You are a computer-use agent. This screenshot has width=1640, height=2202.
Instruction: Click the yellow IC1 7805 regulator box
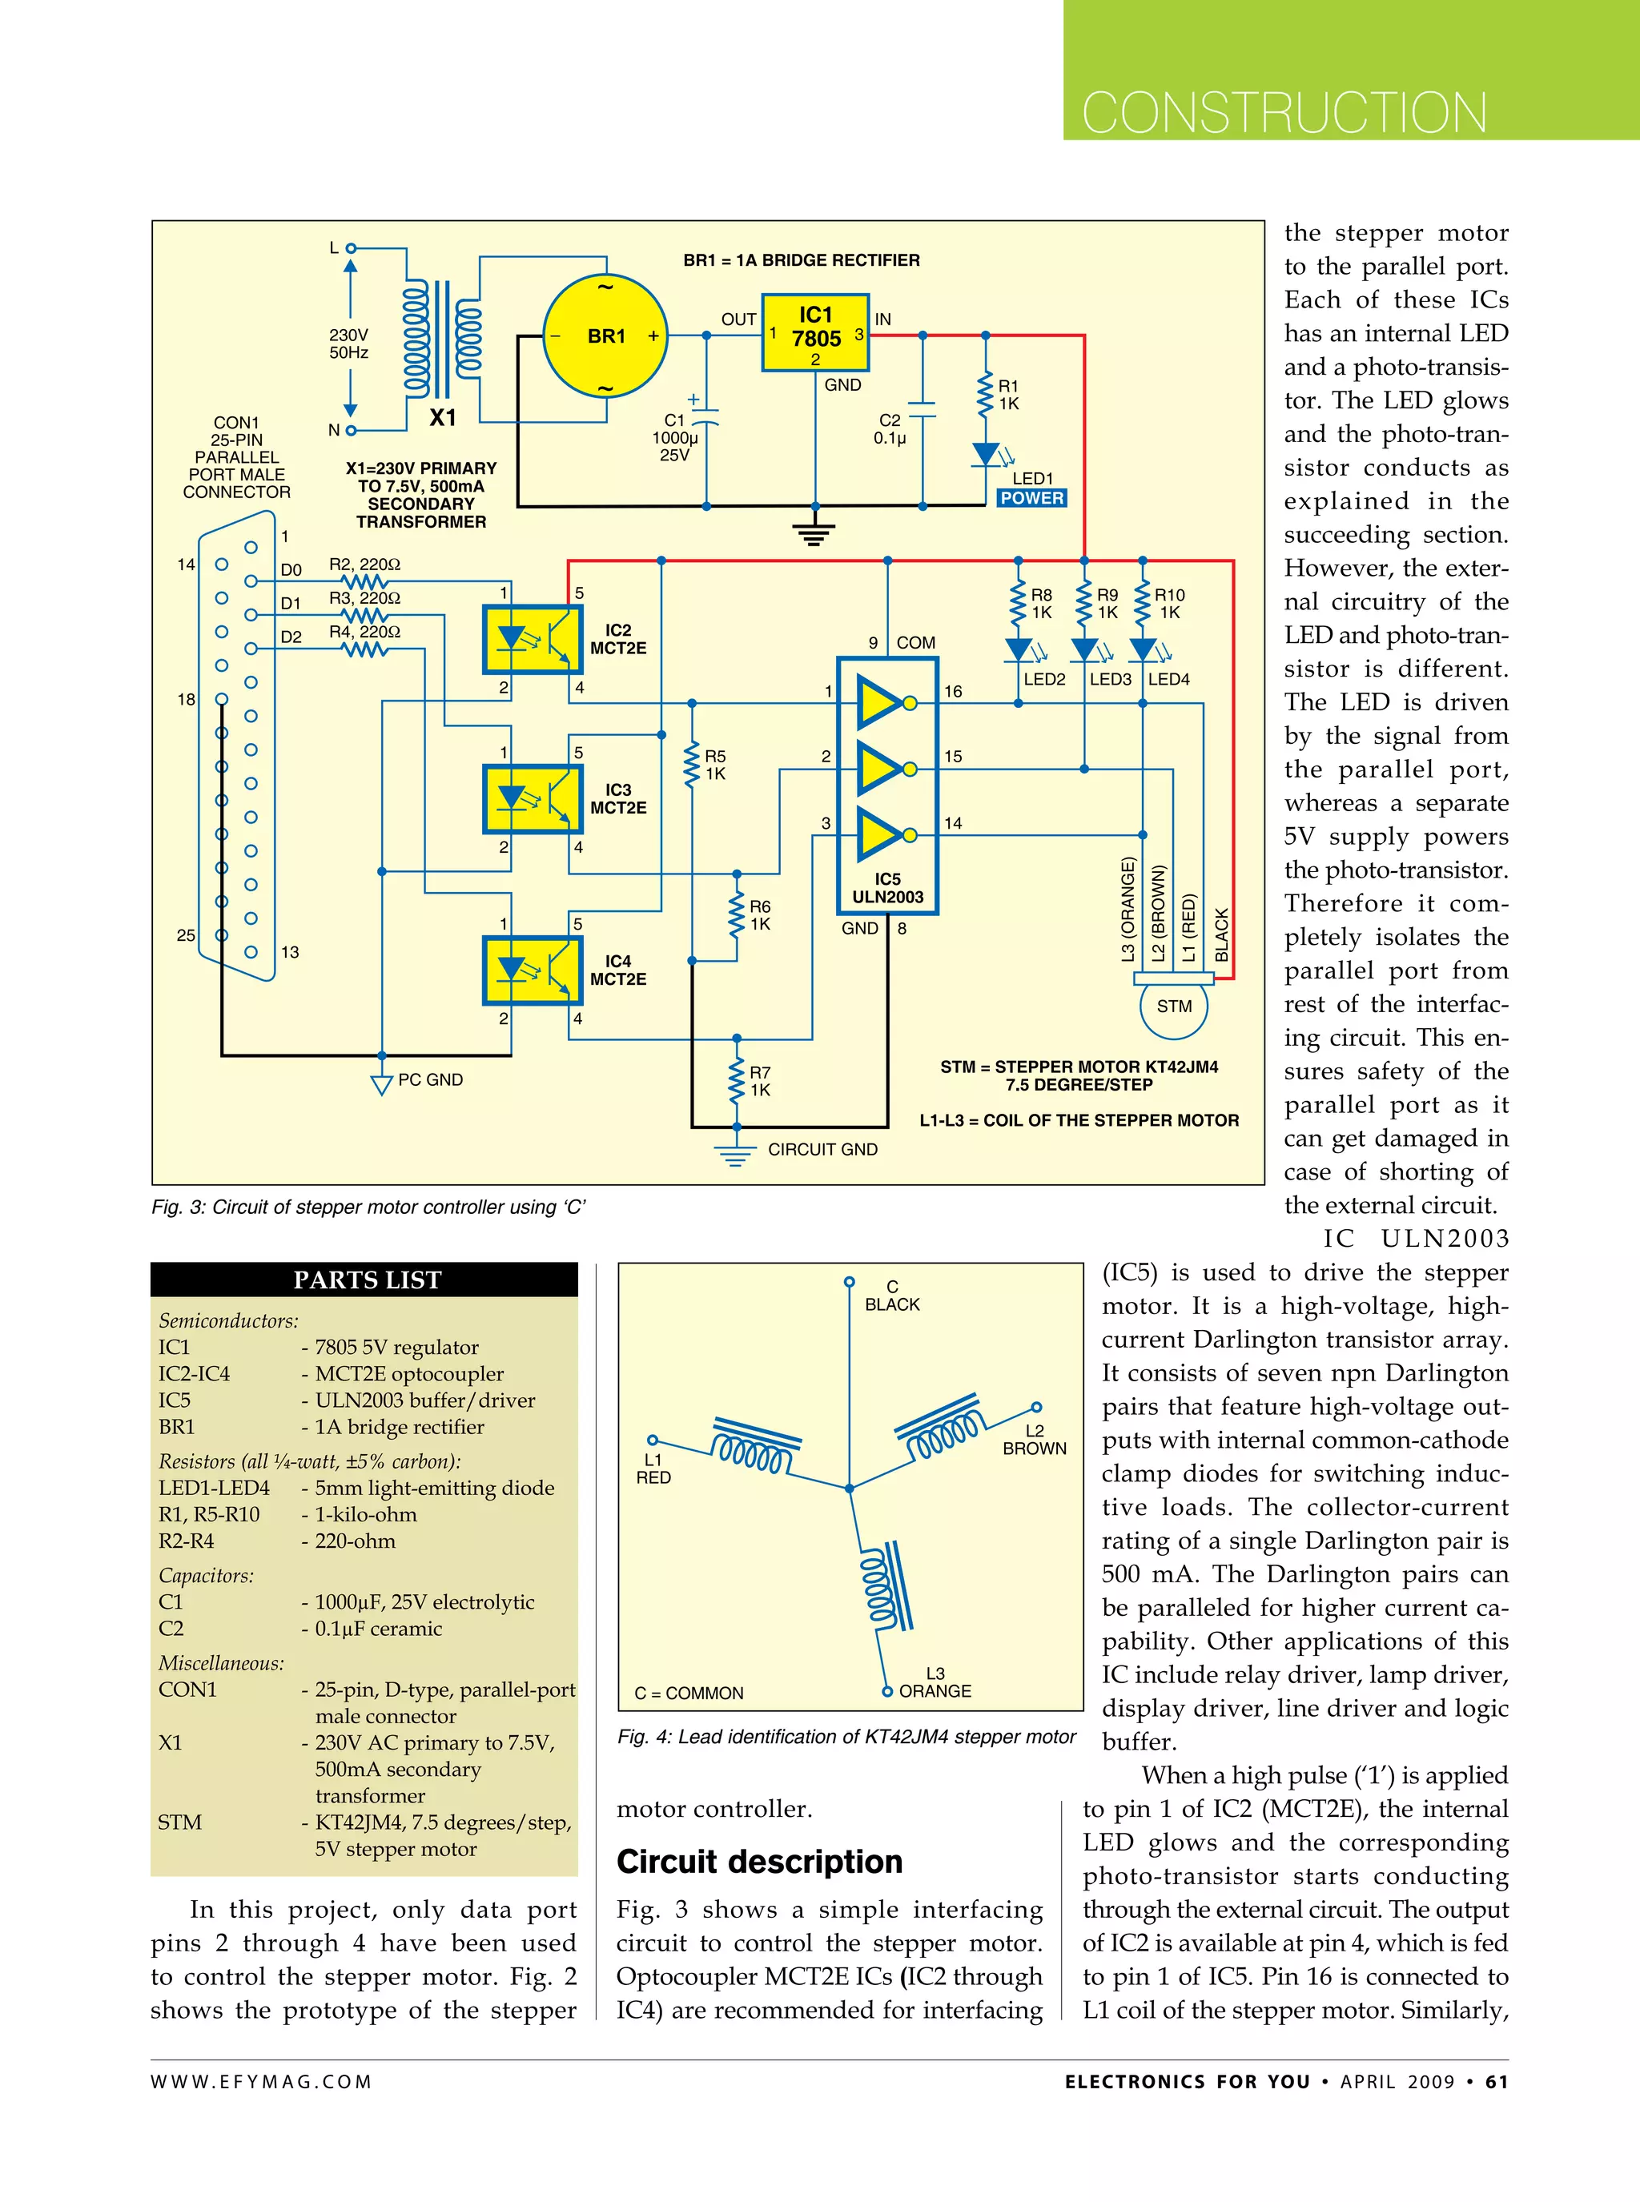(x=815, y=332)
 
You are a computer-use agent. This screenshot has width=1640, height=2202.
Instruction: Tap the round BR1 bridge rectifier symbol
(x=605, y=336)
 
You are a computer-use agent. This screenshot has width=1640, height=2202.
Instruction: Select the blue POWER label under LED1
(x=1031, y=498)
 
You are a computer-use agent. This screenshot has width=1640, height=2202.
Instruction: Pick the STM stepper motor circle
(x=1173, y=1007)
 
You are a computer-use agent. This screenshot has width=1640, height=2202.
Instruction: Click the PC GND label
(x=430, y=1080)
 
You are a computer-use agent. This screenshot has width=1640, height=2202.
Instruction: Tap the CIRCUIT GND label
(x=822, y=1150)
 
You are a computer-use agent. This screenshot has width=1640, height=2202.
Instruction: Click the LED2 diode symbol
(x=1018, y=650)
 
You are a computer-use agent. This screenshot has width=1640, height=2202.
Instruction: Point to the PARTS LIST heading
(x=366, y=1280)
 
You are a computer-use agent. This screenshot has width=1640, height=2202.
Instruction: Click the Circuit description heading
(x=759, y=1862)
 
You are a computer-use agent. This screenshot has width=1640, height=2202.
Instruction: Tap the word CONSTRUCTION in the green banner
(x=1284, y=112)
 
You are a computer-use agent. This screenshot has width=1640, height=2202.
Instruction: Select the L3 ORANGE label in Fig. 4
(x=935, y=1683)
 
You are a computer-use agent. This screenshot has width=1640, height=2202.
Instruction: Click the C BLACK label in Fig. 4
(x=891, y=1296)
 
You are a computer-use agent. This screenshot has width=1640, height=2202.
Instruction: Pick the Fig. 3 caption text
(x=368, y=1207)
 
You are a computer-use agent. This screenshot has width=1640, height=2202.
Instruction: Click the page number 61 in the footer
(x=1496, y=2082)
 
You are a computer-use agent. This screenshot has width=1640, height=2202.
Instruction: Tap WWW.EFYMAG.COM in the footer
(x=261, y=2082)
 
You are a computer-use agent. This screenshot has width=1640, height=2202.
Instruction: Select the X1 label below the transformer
(x=443, y=418)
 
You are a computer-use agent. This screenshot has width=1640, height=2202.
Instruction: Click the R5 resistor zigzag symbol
(x=692, y=765)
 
